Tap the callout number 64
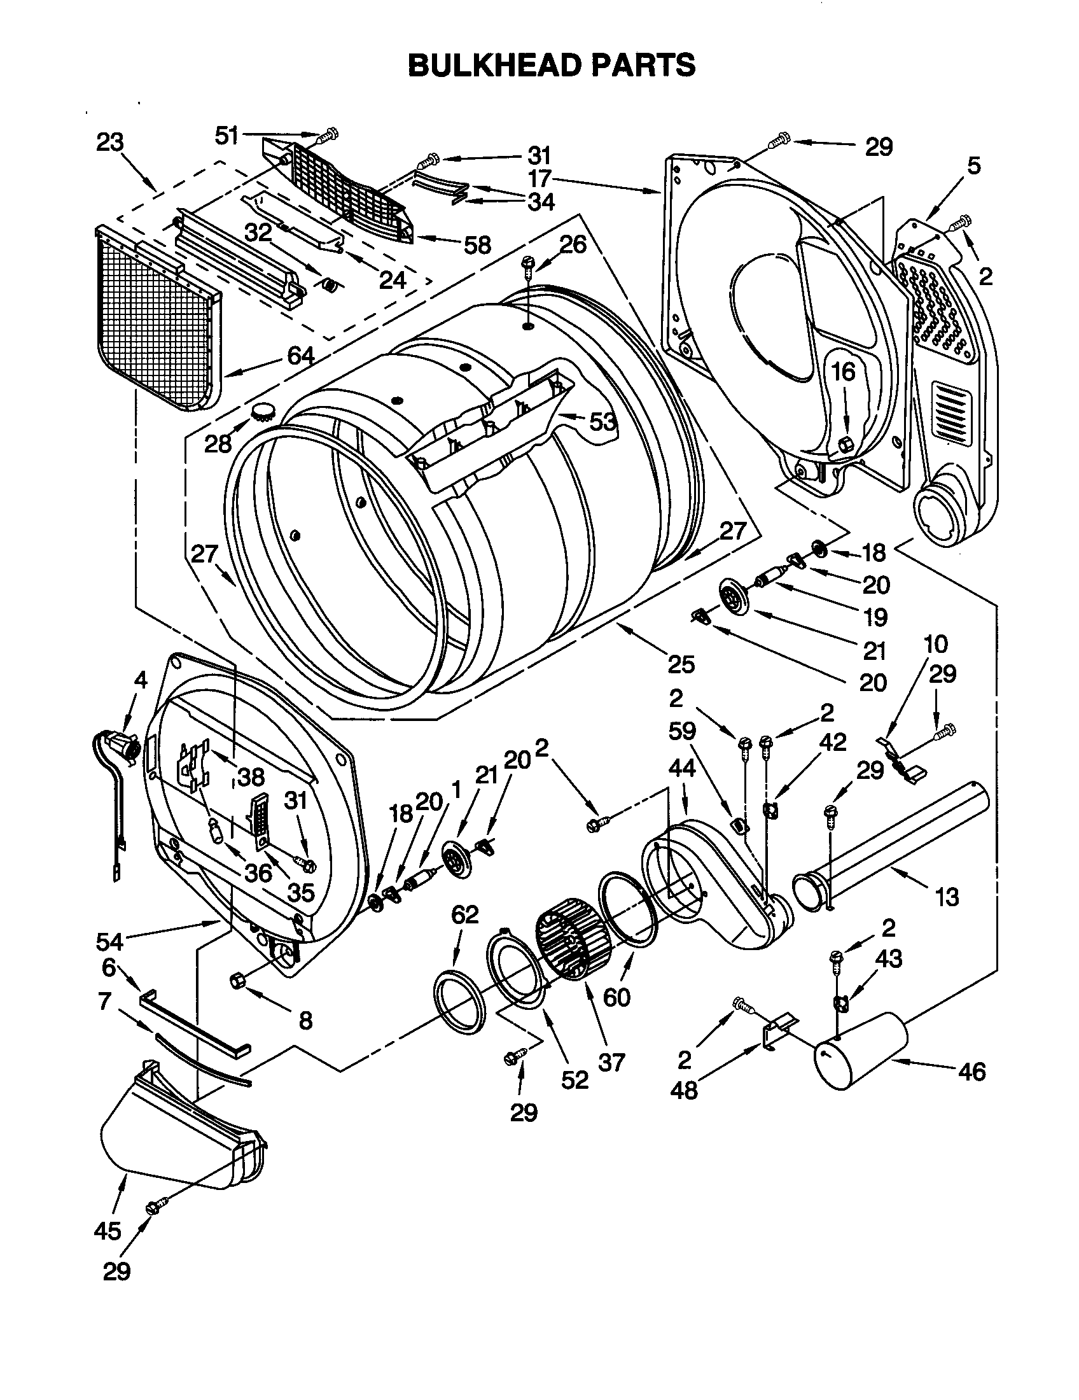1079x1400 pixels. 300,356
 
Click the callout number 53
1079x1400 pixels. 602,422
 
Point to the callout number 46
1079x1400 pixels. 972,1072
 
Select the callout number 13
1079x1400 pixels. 947,897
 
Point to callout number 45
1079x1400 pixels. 106,1231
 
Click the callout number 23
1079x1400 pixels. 110,143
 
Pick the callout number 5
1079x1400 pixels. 973,165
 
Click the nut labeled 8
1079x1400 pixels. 236,980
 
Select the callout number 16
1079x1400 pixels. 844,371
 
